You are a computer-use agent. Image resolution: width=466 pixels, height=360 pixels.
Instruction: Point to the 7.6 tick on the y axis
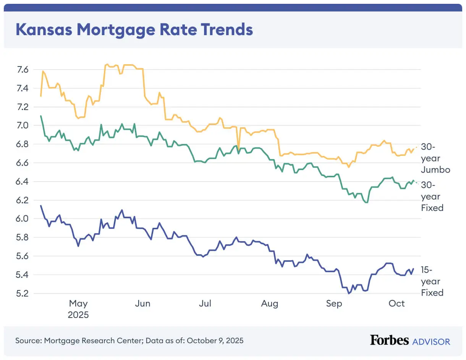(23, 70)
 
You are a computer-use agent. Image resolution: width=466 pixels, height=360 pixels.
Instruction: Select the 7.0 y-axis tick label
(23, 125)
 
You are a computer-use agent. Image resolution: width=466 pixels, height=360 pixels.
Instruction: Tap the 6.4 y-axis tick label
(23, 182)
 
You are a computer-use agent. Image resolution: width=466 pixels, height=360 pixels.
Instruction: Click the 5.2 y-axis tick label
(23, 294)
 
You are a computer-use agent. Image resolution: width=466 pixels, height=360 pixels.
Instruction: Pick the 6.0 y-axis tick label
(23, 219)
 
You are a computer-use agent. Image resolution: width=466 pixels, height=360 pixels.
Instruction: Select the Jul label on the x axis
(205, 303)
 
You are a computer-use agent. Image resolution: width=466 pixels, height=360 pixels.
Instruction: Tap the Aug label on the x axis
(269, 303)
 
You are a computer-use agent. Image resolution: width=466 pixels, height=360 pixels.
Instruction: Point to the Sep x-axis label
(334, 303)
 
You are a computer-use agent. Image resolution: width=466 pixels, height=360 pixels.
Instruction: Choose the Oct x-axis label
(396, 303)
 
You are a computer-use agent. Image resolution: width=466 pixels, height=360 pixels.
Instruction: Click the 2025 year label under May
(78, 315)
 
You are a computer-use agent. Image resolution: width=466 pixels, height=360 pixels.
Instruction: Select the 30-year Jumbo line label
(435, 158)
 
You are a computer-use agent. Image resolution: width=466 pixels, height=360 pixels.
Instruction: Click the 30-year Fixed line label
(432, 196)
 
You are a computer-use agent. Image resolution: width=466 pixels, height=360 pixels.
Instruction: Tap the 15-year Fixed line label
(432, 281)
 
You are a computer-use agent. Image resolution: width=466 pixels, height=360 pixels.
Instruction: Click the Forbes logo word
(389, 340)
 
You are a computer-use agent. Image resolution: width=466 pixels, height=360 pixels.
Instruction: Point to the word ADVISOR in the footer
(431, 341)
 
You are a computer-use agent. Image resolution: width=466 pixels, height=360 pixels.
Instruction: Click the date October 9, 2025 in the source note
(215, 340)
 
